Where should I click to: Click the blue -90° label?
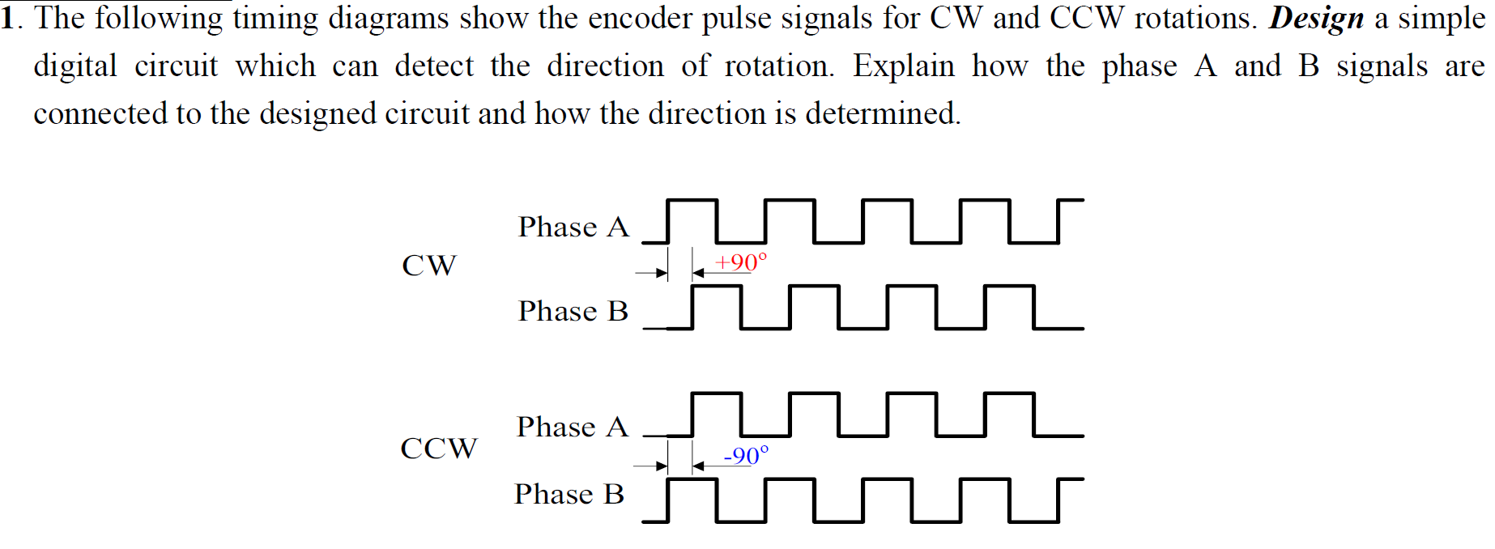coord(746,456)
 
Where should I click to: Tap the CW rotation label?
coord(429,266)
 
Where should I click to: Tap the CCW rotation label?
coord(439,449)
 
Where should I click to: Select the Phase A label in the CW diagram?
coord(573,227)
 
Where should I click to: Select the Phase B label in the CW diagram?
coord(573,311)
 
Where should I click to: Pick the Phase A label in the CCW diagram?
coord(573,427)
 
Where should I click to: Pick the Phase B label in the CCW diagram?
coord(569,494)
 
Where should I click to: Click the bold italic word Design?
coord(1316,18)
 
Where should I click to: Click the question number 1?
coord(8,18)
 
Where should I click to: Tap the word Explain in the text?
coord(904,66)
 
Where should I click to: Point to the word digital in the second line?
coord(75,66)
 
